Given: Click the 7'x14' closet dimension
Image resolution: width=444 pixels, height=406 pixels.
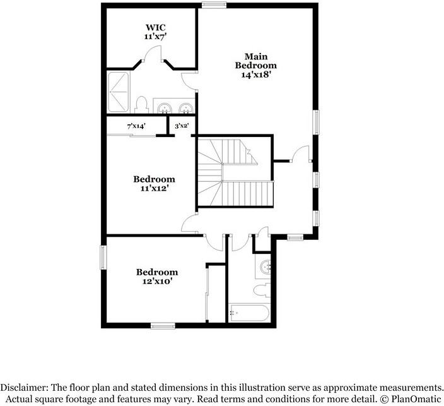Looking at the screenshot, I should pos(137,126).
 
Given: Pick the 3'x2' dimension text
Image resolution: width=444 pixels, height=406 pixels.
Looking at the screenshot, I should pos(182,126).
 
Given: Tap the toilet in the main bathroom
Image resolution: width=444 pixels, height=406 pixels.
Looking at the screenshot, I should pos(142,104).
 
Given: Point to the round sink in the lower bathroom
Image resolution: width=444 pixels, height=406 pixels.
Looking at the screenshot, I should pos(266,267).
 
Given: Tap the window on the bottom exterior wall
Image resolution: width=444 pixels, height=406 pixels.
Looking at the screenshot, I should pos(163,326).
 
